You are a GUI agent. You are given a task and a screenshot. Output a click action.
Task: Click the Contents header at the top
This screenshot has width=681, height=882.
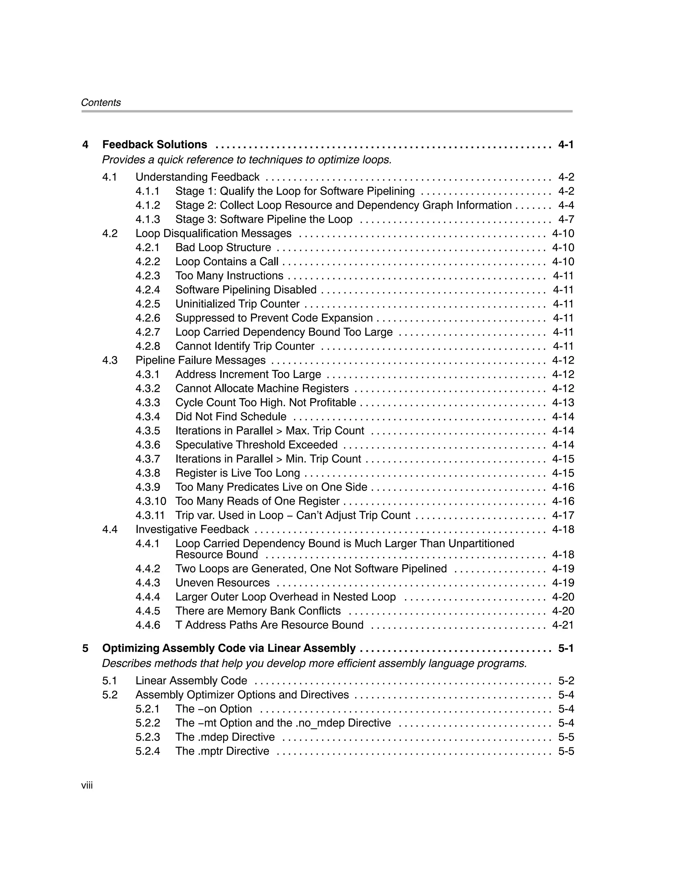click(x=100, y=102)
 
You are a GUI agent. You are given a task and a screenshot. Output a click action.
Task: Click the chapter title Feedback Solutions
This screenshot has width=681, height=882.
click(x=155, y=145)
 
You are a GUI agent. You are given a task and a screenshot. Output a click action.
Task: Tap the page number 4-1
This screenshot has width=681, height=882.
click(x=566, y=145)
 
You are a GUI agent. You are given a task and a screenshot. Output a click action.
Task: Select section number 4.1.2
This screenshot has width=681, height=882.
click(x=148, y=205)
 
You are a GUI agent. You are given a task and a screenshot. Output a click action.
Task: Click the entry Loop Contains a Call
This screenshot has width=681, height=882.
click(x=226, y=262)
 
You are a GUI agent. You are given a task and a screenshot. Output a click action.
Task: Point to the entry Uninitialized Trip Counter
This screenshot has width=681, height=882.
click(x=237, y=304)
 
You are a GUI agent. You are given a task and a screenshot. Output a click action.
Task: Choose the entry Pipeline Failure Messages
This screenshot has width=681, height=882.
click(x=200, y=360)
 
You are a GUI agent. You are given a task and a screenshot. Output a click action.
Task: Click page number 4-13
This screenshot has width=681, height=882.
click(x=563, y=403)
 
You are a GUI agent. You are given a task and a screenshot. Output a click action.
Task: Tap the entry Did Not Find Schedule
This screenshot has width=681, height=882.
click(x=230, y=417)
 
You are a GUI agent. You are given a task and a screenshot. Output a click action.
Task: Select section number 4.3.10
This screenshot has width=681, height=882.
click(x=151, y=501)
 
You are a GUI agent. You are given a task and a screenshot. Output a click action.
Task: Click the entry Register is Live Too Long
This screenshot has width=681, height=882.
click(x=237, y=473)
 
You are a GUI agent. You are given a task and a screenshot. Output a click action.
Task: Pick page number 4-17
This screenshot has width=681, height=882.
click(x=563, y=515)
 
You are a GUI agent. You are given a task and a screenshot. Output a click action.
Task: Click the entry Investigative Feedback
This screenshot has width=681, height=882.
click(x=192, y=529)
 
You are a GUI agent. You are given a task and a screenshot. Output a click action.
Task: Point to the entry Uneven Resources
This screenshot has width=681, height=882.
click(x=222, y=583)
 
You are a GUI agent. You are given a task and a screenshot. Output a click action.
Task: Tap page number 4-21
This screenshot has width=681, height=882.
click(x=563, y=625)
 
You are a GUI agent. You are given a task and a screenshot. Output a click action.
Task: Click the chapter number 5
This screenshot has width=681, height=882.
click(x=85, y=648)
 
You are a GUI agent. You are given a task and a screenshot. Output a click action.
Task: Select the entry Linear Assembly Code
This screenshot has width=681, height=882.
click(x=191, y=681)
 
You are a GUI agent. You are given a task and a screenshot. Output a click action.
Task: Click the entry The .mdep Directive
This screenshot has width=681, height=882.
click(x=225, y=737)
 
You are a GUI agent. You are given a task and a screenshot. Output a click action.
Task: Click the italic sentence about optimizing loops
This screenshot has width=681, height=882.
click(x=247, y=160)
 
